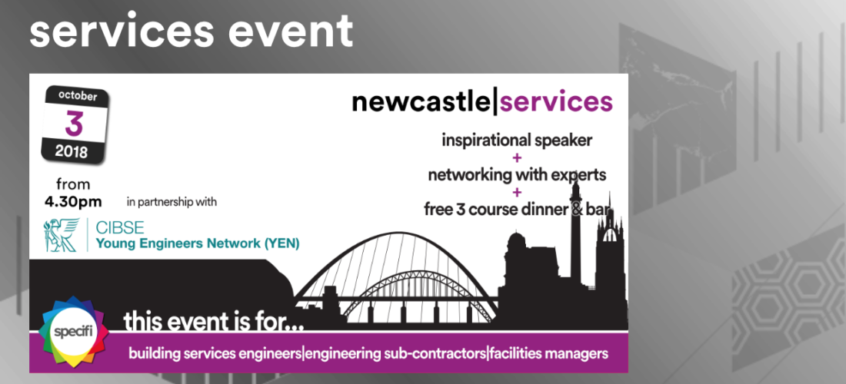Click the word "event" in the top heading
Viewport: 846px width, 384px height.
[x=291, y=31]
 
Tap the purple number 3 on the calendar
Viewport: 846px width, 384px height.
[x=74, y=124]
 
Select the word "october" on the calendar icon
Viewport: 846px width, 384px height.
[x=78, y=97]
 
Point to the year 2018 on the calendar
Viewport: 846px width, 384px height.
[x=71, y=151]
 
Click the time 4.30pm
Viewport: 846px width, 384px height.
[x=73, y=203]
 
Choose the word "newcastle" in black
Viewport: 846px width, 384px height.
[x=422, y=102]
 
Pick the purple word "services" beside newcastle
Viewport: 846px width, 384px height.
[x=556, y=102]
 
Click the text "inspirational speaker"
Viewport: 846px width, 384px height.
[x=517, y=141]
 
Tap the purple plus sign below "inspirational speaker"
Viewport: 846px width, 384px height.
[x=518, y=157]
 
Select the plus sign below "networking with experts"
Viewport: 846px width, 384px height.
[x=518, y=193]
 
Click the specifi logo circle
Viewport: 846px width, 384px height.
[x=73, y=331]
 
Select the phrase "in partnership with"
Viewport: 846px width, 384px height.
[x=172, y=203]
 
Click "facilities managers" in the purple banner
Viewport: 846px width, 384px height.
[x=548, y=354]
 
